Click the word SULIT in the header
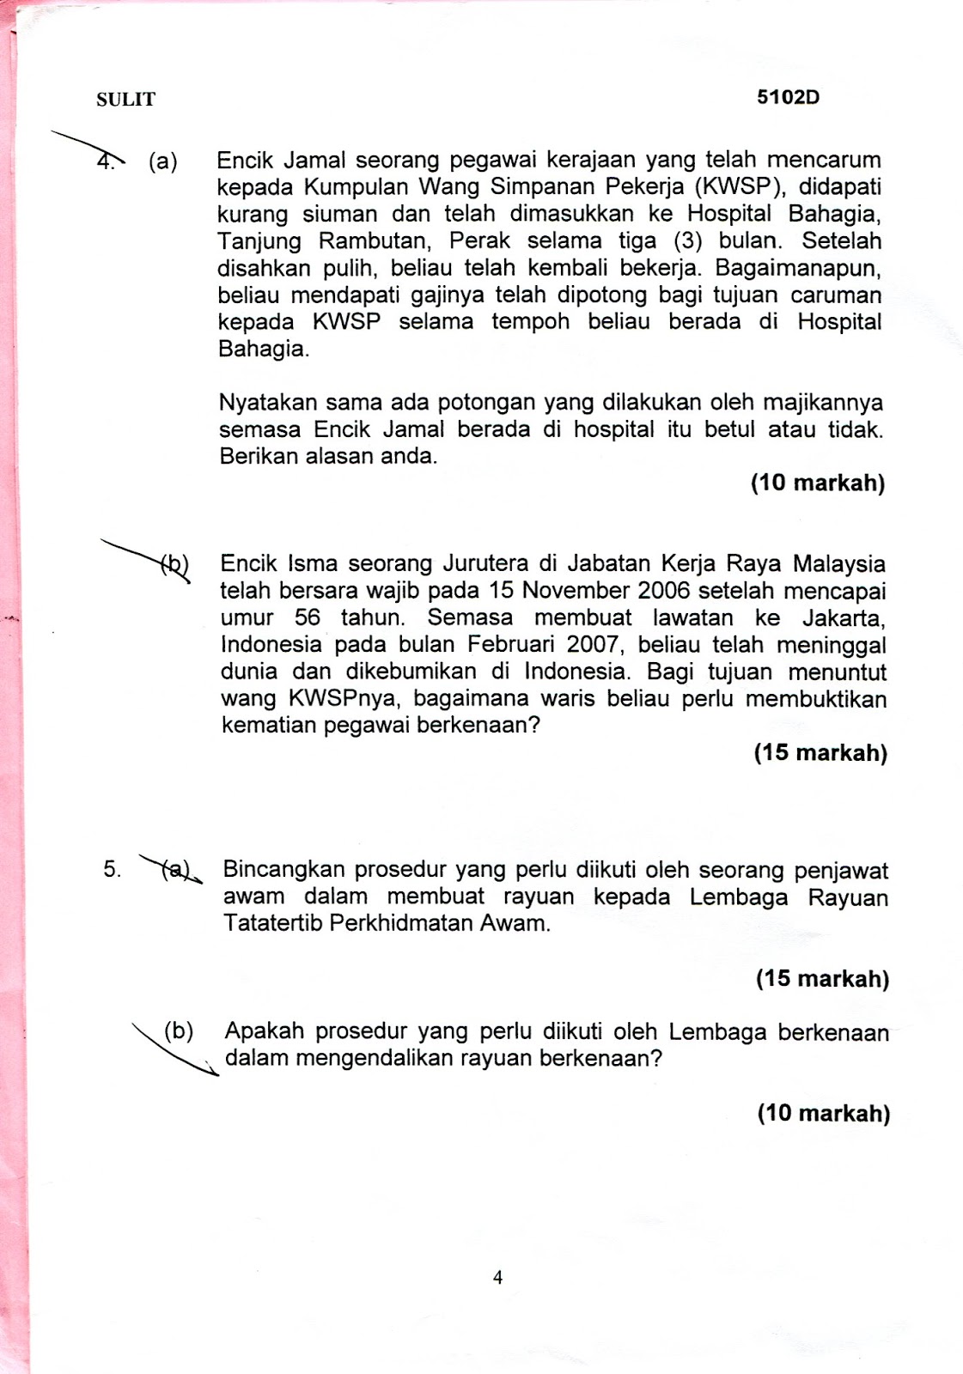click(x=125, y=100)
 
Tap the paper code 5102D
click(x=788, y=98)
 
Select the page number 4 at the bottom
click(x=497, y=1277)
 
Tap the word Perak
click(x=479, y=241)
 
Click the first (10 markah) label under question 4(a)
click(x=817, y=483)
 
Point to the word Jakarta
click(x=844, y=618)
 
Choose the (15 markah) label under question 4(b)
click(x=820, y=753)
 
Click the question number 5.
click(x=112, y=869)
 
